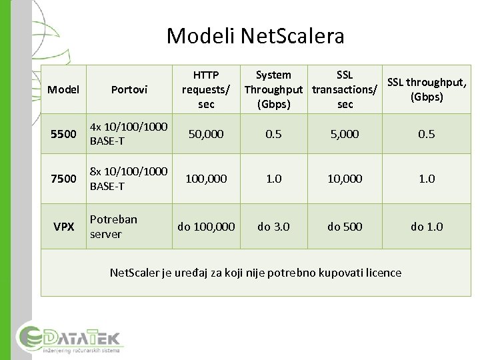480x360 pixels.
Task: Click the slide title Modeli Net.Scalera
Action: [x=255, y=35]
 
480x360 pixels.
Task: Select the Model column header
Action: [x=64, y=89]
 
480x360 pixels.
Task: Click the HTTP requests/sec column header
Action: [x=206, y=89]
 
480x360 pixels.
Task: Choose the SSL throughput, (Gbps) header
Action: [x=427, y=89]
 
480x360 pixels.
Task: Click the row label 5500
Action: [x=64, y=134]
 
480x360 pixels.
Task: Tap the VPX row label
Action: [x=64, y=227]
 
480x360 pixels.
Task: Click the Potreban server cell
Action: [x=113, y=227]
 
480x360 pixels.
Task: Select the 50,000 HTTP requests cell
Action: [x=206, y=134]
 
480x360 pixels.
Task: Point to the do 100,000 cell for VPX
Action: [x=206, y=227]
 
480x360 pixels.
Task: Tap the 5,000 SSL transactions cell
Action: [x=345, y=134]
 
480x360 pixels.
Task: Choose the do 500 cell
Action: [x=345, y=227]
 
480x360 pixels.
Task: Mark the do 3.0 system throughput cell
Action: [x=273, y=227]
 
